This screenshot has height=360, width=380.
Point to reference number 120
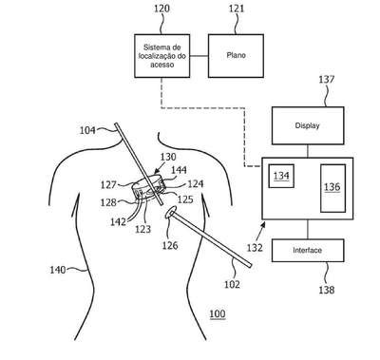(161, 9)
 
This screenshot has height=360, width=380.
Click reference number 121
(237, 9)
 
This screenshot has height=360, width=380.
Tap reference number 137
(327, 79)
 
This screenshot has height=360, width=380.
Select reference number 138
(327, 290)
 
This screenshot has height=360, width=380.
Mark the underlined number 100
(218, 314)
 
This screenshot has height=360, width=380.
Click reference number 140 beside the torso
(58, 270)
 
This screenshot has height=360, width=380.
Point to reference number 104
(87, 130)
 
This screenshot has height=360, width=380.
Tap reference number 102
(232, 284)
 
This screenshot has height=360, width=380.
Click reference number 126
(170, 245)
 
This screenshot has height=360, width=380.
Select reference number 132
(255, 247)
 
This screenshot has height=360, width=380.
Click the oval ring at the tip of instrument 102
(165, 215)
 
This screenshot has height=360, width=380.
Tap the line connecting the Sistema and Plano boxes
(199, 56)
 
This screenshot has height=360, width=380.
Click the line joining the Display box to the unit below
(308, 151)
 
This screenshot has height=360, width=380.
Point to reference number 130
(168, 157)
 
